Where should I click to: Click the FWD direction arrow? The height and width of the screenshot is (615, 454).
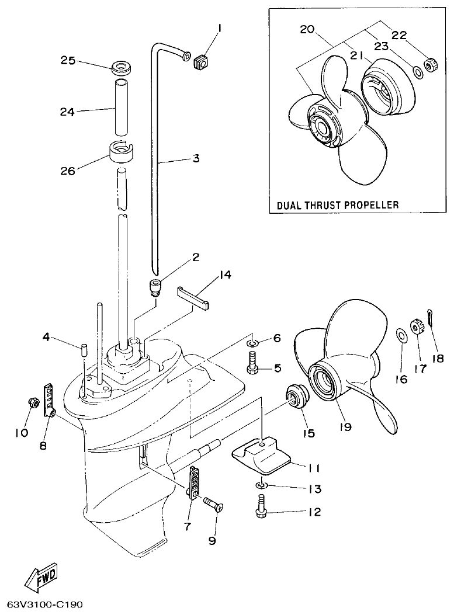[x=41, y=579]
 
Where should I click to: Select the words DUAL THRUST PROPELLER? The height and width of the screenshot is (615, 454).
[x=338, y=205]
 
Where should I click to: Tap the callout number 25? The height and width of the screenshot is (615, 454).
[x=68, y=60]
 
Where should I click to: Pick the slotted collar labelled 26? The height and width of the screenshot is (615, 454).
[x=122, y=151]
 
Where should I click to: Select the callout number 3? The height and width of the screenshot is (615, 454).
[x=196, y=158]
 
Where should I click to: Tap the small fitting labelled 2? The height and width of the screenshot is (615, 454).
[x=155, y=287]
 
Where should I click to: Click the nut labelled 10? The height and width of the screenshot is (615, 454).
[x=33, y=402]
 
